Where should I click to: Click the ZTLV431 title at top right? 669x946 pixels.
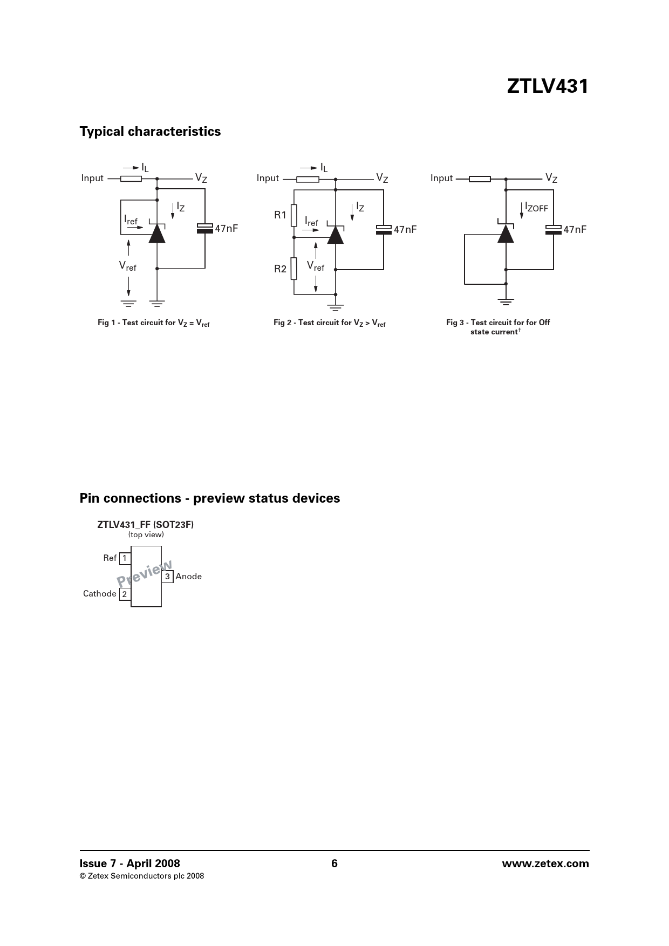click(547, 87)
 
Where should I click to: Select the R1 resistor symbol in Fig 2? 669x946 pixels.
click(294, 215)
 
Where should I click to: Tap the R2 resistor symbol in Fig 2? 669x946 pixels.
click(294, 269)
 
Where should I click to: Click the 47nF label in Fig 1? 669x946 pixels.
click(227, 229)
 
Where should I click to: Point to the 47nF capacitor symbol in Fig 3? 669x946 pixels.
click(554, 229)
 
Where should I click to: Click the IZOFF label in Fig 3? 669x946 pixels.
click(536, 207)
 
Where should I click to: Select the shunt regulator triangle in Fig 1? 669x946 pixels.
click(157, 234)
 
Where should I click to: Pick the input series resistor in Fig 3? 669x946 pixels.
click(480, 179)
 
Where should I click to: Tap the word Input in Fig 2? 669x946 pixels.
click(268, 179)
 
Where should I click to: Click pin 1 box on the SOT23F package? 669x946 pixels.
click(125, 558)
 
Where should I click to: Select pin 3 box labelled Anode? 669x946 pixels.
click(167, 577)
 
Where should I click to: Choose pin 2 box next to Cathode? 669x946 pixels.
click(125, 594)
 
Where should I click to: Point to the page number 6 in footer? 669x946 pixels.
click(334, 863)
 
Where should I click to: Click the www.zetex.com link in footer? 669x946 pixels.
click(545, 863)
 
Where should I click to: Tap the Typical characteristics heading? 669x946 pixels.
click(150, 132)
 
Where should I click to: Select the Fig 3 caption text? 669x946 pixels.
click(497, 327)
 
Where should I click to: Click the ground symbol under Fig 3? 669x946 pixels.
click(506, 301)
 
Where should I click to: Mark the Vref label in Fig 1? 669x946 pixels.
click(128, 266)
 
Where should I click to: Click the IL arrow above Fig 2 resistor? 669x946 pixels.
click(309, 168)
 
